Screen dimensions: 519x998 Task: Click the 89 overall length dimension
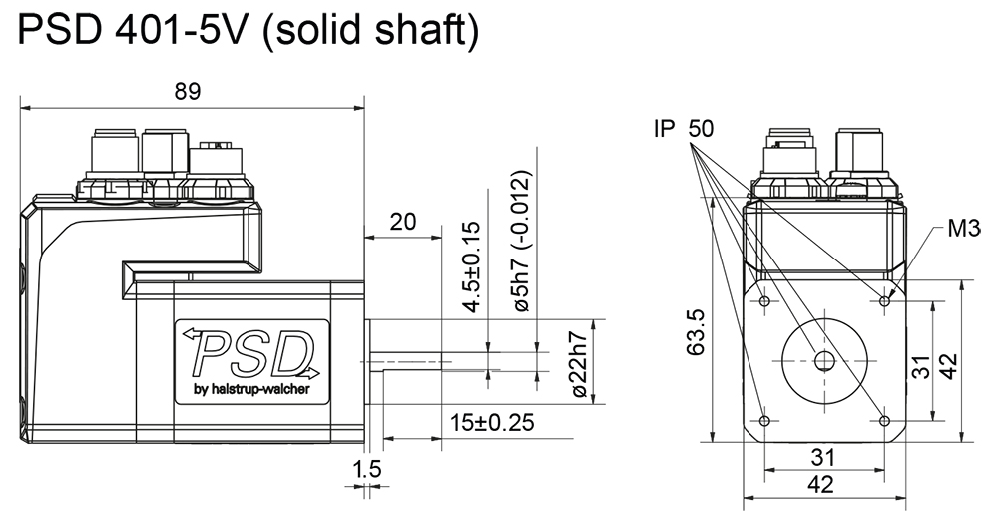[187, 91]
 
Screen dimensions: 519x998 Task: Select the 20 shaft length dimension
[403, 222]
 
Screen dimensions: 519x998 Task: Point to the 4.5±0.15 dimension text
[472, 267]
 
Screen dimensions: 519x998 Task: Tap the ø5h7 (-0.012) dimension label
[522, 242]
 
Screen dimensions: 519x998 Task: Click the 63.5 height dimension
[697, 331]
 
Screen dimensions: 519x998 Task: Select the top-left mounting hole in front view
[763, 300]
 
